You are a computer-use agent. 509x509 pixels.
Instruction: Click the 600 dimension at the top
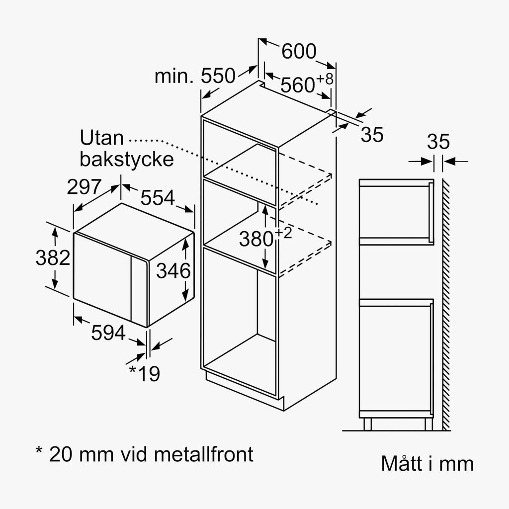(299, 51)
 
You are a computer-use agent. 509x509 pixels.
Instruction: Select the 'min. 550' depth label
(195, 76)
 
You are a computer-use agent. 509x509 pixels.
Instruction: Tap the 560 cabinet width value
(297, 85)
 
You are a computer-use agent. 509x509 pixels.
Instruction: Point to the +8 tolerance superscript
(325, 79)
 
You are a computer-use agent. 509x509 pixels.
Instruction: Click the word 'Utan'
(102, 138)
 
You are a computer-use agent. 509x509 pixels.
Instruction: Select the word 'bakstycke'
(127, 159)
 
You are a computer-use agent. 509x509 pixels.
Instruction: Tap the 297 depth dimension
(85, 187)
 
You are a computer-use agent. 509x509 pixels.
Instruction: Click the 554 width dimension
(158, 197)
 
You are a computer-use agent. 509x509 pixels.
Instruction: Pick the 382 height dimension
(53, 258)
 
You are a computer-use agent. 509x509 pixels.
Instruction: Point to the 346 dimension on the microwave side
(173, 271)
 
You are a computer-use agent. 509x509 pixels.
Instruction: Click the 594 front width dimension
(108, 333)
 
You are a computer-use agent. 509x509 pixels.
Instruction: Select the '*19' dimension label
(145, 373)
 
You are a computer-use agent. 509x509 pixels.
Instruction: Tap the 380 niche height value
(256, 239)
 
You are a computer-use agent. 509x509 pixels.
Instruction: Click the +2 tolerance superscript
(283, 233)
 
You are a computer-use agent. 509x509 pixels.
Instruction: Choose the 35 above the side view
(438, 142)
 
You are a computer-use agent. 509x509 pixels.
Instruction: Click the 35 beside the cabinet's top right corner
(372, 134)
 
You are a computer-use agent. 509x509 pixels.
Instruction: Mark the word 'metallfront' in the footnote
(203, 454)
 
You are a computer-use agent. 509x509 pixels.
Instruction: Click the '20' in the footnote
(60, 454)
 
